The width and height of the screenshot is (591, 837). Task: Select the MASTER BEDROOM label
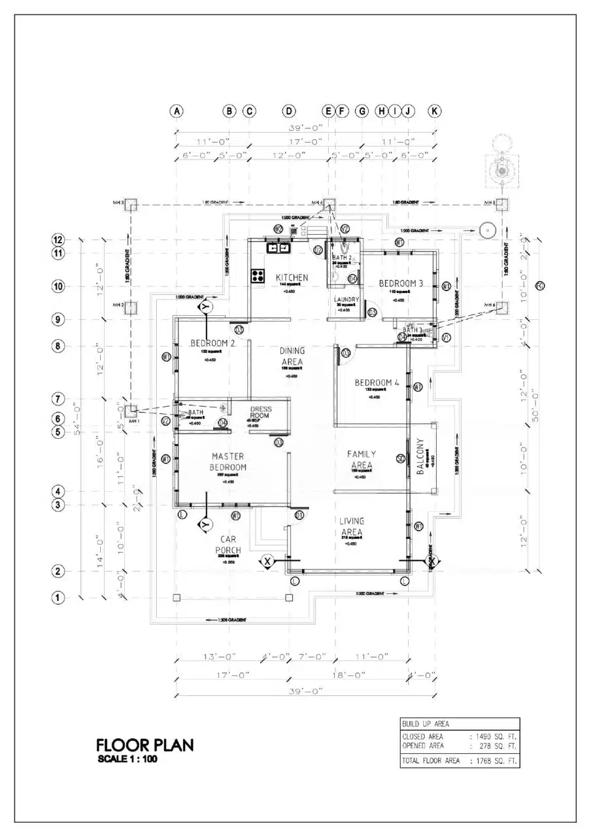(x=228, y=461)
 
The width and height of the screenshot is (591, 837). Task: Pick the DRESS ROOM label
(x=260, y=413)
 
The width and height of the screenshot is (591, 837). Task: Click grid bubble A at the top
(x=177, y=111)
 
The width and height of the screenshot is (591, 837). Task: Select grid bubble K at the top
(x=435, y=111)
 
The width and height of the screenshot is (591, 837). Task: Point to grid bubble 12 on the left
(x=58, y=240)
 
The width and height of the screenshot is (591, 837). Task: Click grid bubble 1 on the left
(x=58, y=597)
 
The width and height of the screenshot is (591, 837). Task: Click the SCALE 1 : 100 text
(x=127, y=759)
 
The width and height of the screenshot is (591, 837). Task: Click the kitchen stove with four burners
(x=258, y=275)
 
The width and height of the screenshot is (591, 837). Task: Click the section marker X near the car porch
(x=267, y=560)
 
